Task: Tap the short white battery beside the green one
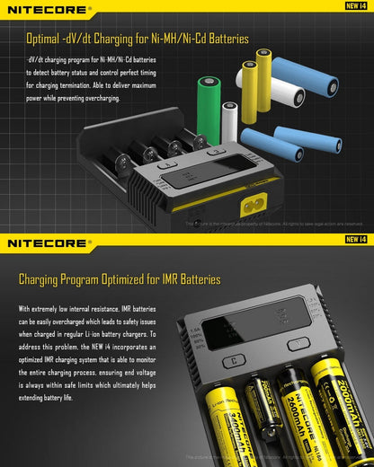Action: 230,118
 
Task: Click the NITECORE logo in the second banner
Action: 46,242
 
